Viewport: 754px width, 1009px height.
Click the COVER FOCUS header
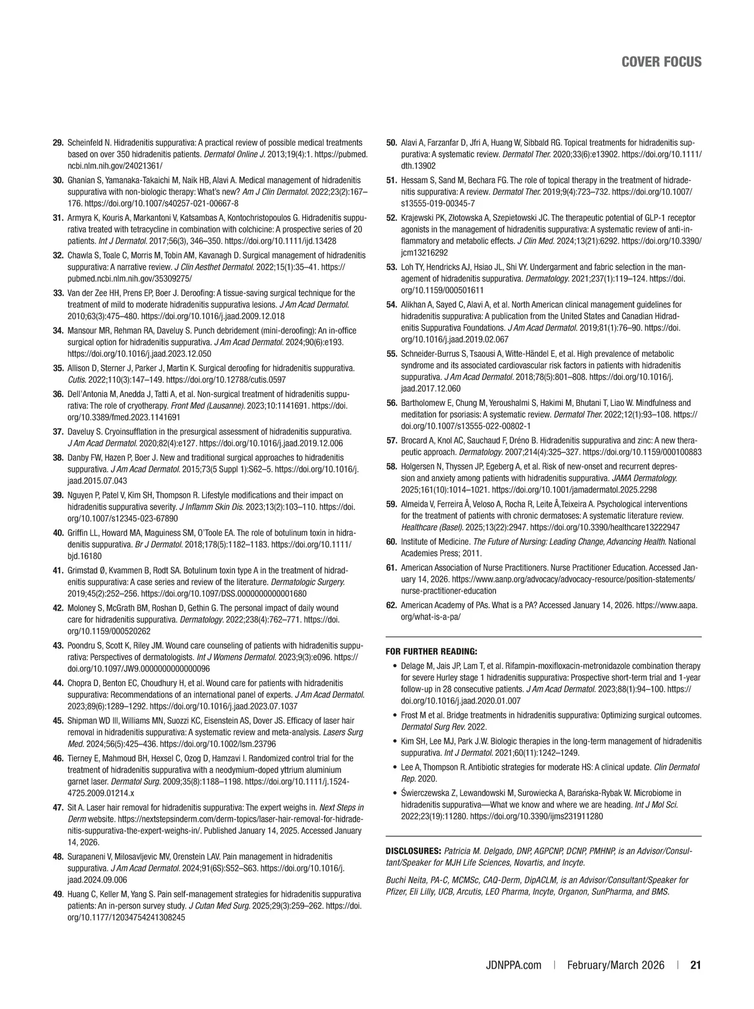coord(661,62)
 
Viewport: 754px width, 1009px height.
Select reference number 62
coord(391,605)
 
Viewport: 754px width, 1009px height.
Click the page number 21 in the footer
coord(696,965)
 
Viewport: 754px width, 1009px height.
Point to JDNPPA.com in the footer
coord(513,965)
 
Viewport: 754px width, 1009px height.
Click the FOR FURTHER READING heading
coord(431,651)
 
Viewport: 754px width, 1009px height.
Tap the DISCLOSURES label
coord(412,851)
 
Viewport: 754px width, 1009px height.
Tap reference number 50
coord(391,143)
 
